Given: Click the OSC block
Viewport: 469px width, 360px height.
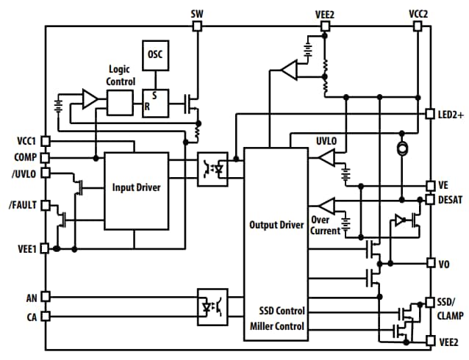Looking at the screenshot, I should coord(155,54).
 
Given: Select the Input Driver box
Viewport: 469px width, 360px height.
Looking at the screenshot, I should coord(135,187).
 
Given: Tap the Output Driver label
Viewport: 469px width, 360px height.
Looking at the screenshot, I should coord(276,225).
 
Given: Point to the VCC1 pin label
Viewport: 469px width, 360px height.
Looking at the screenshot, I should coord(26,140).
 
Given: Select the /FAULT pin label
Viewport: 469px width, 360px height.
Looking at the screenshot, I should coord(24,206).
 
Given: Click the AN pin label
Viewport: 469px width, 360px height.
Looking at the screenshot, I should coord(30,297).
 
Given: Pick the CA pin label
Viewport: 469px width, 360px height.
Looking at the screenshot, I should coord(30,316).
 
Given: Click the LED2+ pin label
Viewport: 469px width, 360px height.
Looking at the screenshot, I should coord(450,115).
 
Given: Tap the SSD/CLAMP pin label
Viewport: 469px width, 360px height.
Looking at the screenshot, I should coord(450,309).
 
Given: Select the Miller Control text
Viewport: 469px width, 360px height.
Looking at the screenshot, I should coord(276,326).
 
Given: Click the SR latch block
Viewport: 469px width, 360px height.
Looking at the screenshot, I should coord(155,102).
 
